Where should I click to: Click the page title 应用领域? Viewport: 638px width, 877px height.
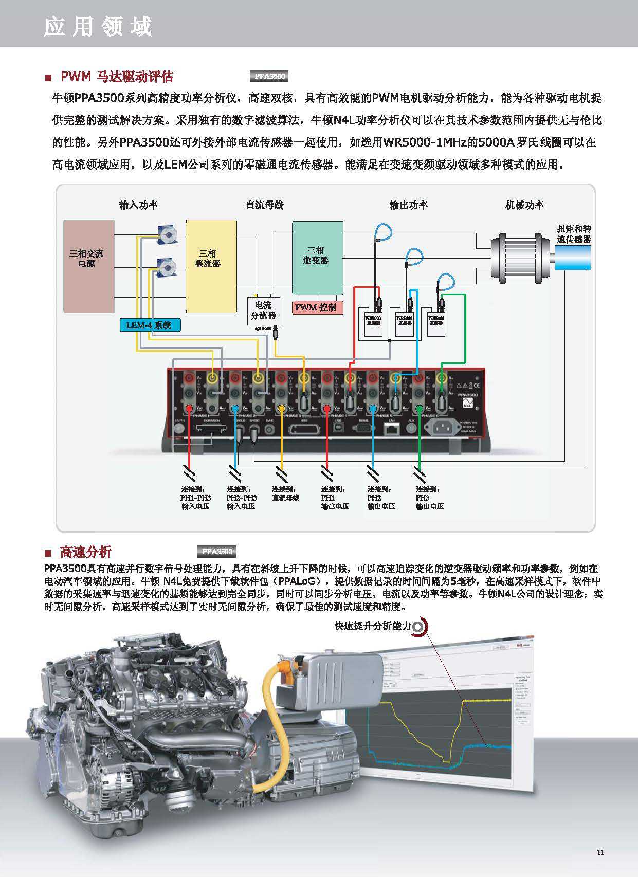tap(98, 27)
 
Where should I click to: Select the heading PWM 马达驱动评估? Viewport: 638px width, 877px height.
tap(117, 77)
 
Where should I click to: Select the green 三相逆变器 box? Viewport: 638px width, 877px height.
tap(317, 258)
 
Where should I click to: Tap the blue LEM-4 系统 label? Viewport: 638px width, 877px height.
tap(150, 325)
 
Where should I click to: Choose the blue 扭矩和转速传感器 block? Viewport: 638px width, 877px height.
tap(573, 257)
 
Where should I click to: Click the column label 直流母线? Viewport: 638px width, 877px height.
tap(264, 205)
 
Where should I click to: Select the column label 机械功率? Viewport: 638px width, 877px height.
tap(524, 205)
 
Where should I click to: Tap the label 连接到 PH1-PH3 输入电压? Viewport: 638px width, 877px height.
tap(195, 498)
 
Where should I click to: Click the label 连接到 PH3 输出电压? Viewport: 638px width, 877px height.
tap(429, 498)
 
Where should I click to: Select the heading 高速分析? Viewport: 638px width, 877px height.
tap(85, 552)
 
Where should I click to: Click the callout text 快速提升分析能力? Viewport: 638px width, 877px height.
tap(373, 626)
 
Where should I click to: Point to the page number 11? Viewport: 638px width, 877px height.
tap(600, 852)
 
